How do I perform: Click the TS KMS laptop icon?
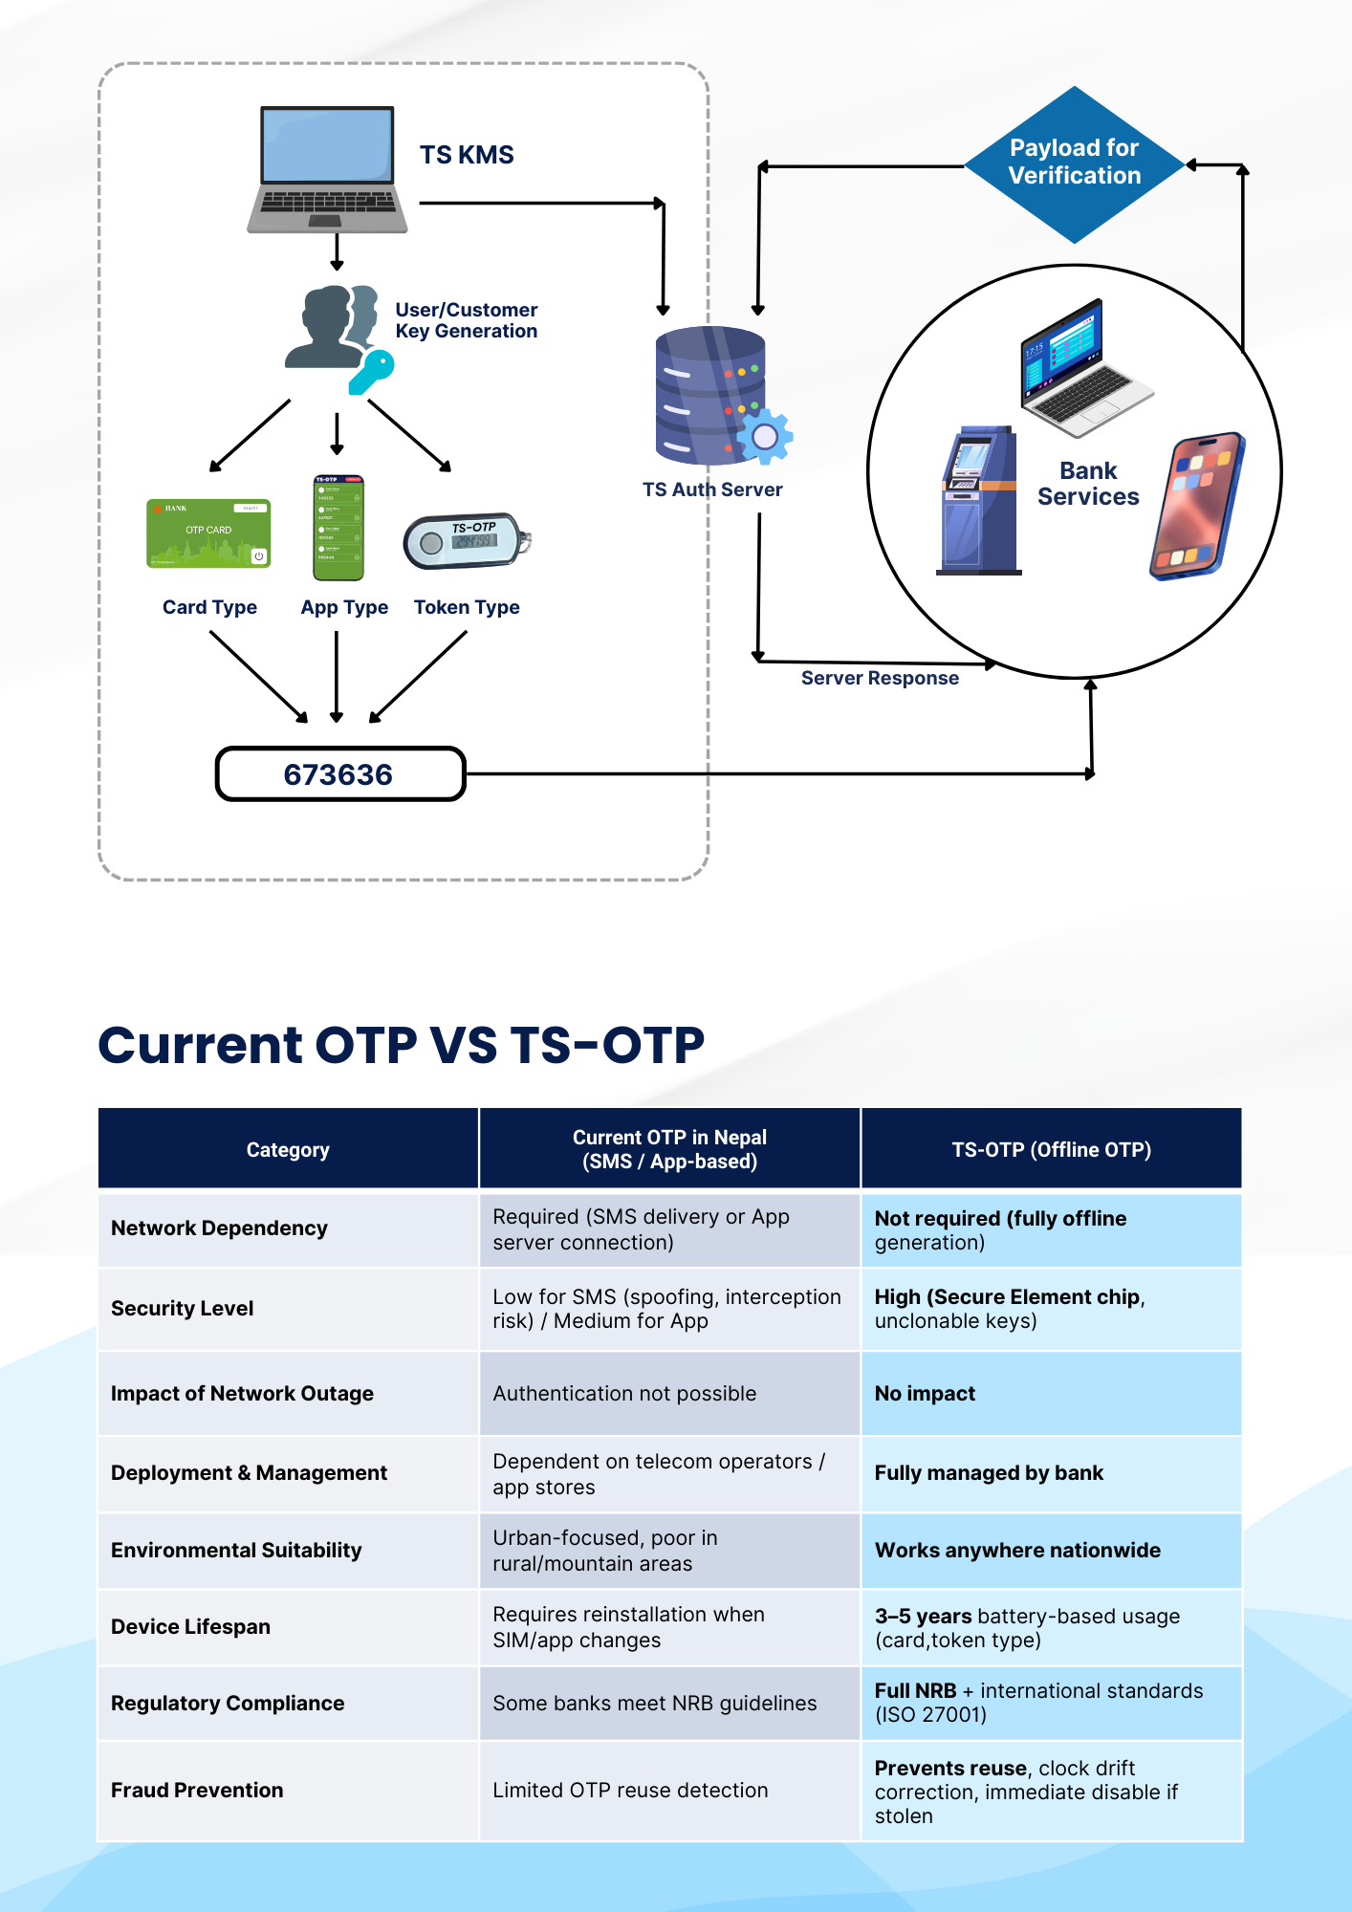pyautogui.click(x=327, y=169)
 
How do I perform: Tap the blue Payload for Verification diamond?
pyautogui.click(x=1075, y=164)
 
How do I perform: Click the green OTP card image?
pyautogui.click(x=208, y=533)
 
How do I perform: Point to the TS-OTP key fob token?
pyautogui.click(x=467, y=541)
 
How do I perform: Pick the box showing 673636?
pyautogui.click(x=340, y=773)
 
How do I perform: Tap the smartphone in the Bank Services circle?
pyautogui.click(x=1197, y=506)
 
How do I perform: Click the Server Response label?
pyautogui.click(x=880, y=678)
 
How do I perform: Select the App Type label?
pyautogui.click(x=344, y=607)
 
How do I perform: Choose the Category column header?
pyautogui.click(x=288, y=1149)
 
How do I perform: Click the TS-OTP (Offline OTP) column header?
pyautogui.click(x=1052, y=1149)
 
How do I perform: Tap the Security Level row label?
pyautogui.click(x=183, y=1308)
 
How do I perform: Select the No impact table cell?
pyautogui.click(x=1052, y=1393)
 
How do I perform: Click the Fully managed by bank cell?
pyautogui.click(x=1052, y=1473)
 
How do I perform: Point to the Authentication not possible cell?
pyautogui.click(x=669, y=1393)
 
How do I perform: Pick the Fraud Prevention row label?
pyautogui.click(x=197, y=1790)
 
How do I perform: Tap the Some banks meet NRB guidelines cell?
pyautogui.click(x=669, y=1703)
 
